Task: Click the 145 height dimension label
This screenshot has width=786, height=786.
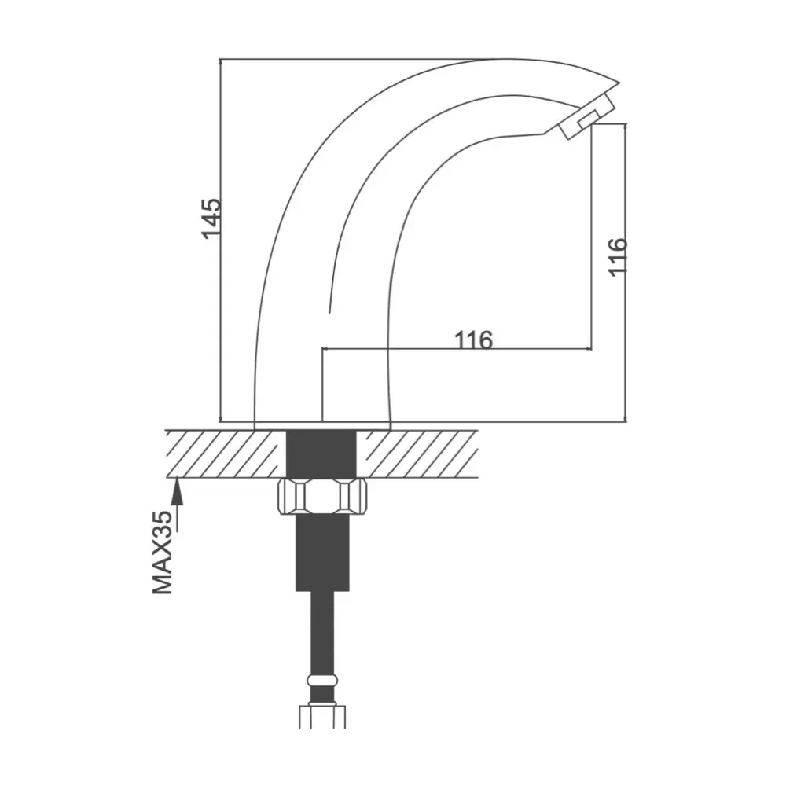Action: [x=211, y=219]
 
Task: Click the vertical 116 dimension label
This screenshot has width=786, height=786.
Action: [x=618, y=256]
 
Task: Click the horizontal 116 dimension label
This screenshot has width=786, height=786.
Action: [x=474, y=340]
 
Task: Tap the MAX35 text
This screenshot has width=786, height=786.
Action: [x=163, y=553]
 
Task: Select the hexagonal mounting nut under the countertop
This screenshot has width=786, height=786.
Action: [x=322, y=496]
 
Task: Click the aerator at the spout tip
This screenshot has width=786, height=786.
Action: [x=586, y=116]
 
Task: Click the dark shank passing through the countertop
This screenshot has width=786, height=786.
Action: [x=321, y=454]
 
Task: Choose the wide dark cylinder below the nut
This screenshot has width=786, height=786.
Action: [x=322, y=553]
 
